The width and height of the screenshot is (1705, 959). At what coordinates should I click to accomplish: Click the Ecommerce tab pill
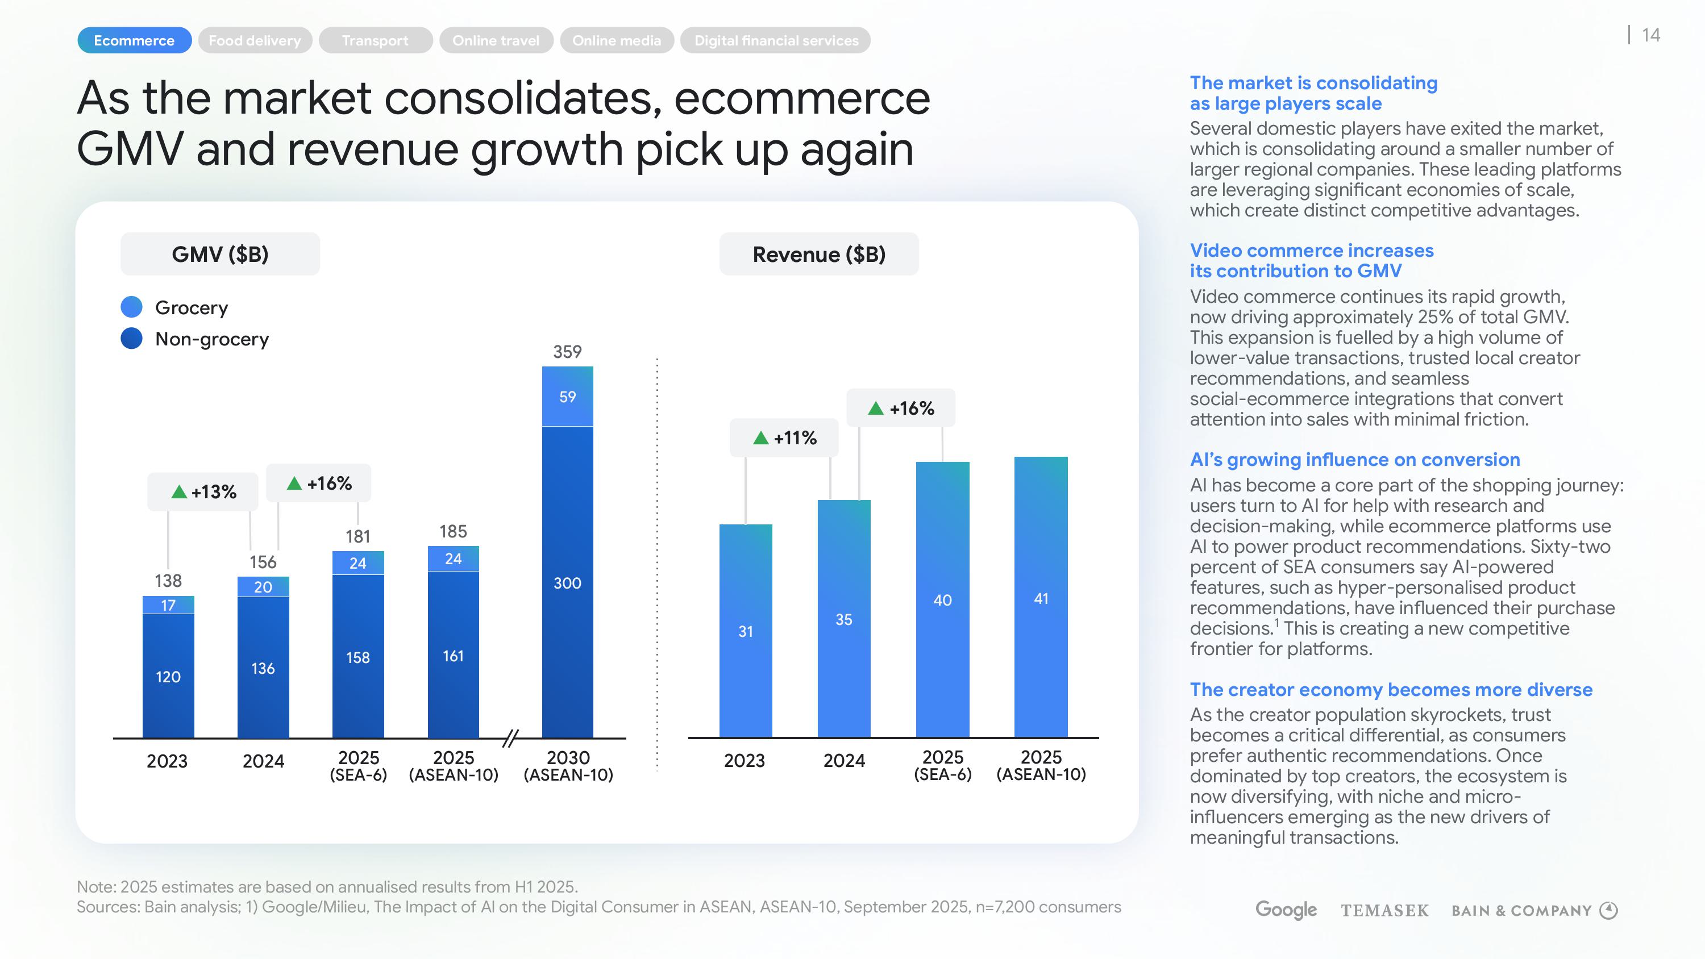(134, 40)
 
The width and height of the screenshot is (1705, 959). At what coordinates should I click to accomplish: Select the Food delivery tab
(255, 40)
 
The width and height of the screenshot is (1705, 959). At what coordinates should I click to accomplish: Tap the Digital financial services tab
(776, 40)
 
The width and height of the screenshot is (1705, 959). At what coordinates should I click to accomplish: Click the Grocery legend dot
(132, 307)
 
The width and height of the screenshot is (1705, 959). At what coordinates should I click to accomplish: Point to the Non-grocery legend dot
(132, 338)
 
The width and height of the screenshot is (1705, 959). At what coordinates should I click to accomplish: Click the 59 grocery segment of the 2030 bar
(567, 397)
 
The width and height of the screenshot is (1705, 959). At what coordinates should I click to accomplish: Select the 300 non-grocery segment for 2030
(567, 582)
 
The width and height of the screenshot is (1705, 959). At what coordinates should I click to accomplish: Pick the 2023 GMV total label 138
(168, 581)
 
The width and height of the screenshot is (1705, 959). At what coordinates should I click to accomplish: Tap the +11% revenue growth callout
(784, 437)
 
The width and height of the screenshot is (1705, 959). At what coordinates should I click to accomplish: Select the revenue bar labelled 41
(1041, 598)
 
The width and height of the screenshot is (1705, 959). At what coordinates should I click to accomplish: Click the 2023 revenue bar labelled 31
(745, 631)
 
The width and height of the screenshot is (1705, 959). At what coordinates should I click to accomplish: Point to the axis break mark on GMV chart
(510, 738)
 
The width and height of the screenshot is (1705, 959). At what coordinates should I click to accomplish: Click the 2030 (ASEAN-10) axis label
(568, 766)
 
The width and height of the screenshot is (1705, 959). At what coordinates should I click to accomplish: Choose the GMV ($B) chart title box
(220, 254)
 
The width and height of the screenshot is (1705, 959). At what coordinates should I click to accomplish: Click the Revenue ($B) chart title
(819, 254)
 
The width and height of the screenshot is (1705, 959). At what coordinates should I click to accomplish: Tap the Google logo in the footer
(1286, 910)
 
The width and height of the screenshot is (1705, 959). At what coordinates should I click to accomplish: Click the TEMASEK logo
(1384, 911)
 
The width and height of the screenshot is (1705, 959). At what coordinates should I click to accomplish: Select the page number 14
(1651, 35)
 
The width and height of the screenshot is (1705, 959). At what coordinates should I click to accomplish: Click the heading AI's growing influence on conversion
(1354, 459)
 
